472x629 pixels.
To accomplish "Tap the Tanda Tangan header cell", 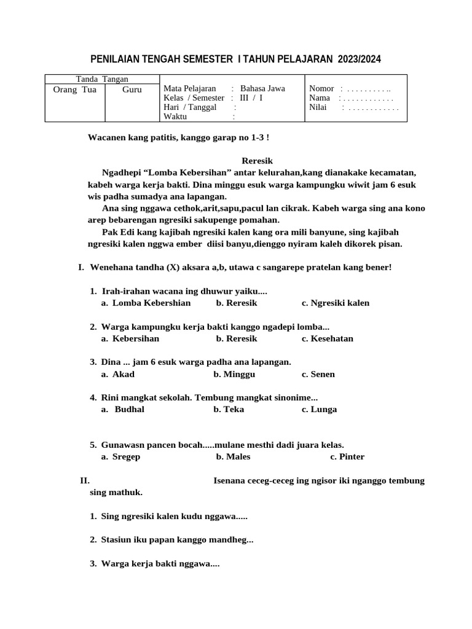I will point(102,79).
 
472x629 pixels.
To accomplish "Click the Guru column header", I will point(132,90).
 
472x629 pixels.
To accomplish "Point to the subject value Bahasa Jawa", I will point(262,88).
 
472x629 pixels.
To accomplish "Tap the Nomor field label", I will point(321,88).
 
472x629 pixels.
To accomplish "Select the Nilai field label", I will point(318,107).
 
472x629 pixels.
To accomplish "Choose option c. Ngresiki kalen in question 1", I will point(336,303).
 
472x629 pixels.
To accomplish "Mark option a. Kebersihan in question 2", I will point(130,338).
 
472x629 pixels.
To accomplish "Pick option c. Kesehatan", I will point(327,338).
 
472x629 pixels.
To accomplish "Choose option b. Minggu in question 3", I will point(234,374).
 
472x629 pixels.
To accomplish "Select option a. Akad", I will point(118,374).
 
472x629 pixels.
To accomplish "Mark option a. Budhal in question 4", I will point(124,410).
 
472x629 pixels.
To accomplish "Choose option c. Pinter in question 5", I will point(347,456).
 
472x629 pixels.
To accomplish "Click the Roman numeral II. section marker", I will point(85,480).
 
